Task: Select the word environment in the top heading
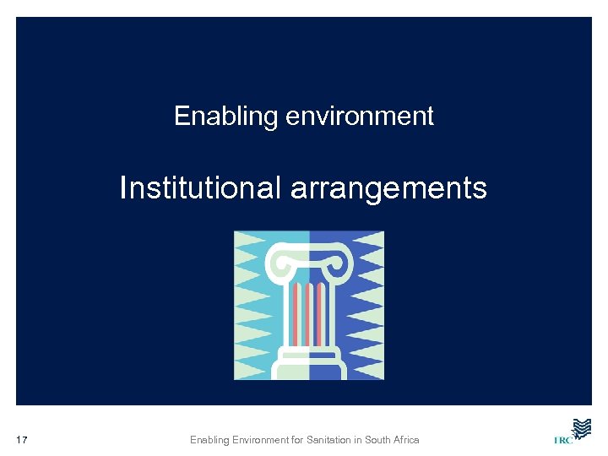[360, 116]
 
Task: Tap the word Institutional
[200, 187]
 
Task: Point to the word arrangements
[388, 187]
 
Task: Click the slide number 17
[23, 440]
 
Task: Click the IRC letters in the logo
[562, 440]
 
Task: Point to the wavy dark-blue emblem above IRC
[580, 427]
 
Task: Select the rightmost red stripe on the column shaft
[321, 312]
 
